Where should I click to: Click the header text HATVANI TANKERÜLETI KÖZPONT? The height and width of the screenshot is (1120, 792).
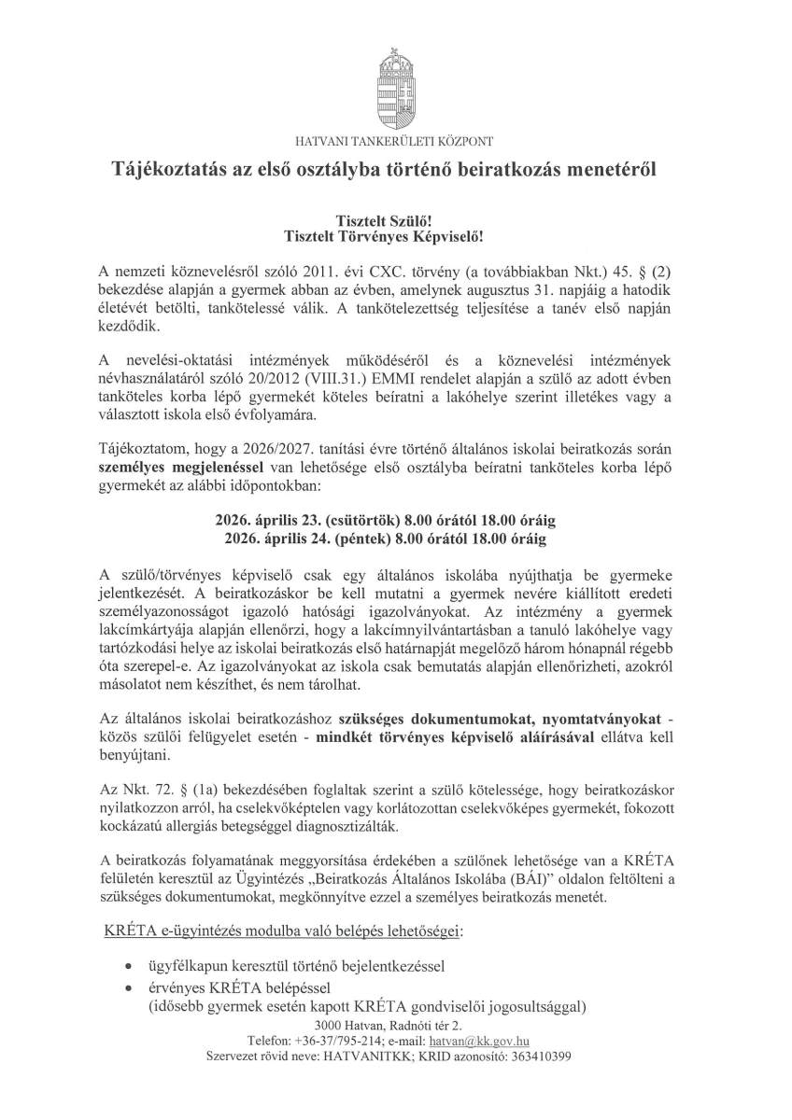[395, 141]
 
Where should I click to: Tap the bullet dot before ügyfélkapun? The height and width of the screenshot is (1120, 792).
[128, 964]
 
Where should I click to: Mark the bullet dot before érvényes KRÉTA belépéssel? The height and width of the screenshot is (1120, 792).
[128, 987]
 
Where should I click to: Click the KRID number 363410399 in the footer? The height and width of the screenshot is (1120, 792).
[539, 1057]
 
